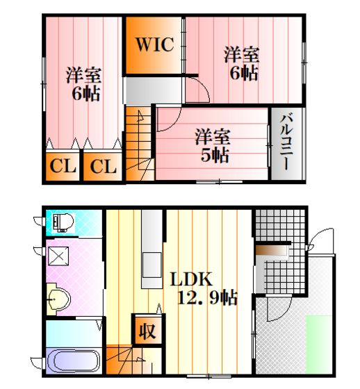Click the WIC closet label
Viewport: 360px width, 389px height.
(154, 44)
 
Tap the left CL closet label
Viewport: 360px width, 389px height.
(63, 166)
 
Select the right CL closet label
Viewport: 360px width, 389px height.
(103, 166)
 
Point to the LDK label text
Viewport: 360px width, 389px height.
(191, 279)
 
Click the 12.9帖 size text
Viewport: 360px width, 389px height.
(207, 297)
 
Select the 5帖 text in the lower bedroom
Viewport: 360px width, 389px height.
(215, 155)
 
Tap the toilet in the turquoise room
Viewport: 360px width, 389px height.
(63, 223)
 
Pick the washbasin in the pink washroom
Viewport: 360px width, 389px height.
(59, 299)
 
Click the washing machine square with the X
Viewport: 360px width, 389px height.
(58, 256)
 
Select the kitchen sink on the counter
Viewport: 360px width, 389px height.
(152, 265)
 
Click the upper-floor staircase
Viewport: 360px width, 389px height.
(139, 143)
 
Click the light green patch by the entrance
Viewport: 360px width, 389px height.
(318, 344)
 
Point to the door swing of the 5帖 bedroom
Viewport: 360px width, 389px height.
(170, 119)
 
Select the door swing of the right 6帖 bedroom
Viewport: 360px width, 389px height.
(197, 90)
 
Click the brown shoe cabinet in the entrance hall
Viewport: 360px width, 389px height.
(272, 250)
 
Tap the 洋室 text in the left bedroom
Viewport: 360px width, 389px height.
(84, 75)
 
